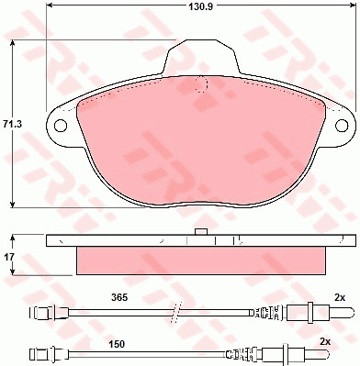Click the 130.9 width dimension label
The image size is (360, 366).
click(x=200, y=6)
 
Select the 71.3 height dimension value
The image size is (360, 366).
click(x=12, y=125)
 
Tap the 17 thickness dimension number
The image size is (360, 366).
click(x=9, y=257)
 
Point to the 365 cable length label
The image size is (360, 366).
click(x=119, y=297)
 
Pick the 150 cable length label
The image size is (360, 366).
click(x=117, y=344)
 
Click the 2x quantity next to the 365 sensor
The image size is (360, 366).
click(x=340, y=297)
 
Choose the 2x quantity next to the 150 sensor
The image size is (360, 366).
click(x=325, y=342)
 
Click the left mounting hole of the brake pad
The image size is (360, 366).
click(x=61, y=125)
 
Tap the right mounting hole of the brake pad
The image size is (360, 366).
click(x=342, y=125)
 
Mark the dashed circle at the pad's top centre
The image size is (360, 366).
click(x=201, y=84)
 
